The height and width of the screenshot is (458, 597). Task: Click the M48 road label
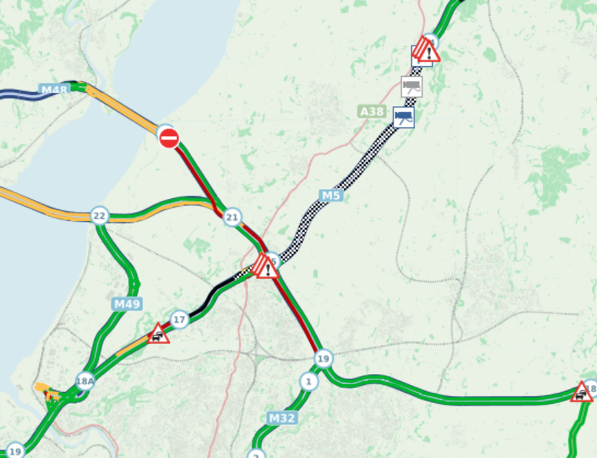pyautogui.click(x=54, y=90)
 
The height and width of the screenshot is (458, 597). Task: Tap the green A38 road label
pyautogui.click(x=372, y=112)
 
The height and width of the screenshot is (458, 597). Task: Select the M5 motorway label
pyautogui.click(x=331, y=195)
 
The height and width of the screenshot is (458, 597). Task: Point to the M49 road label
pyautogui.click(x=127, y=303)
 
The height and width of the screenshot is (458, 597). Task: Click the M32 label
pyautogui.click(x=282, y=418)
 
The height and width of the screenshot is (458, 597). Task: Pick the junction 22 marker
pyautogui.click(x=99, y=215)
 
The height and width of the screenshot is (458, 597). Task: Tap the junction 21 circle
pyautogui.click(x=231, y=217)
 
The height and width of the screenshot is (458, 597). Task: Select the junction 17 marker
pyautogui.click(x=179, y=319)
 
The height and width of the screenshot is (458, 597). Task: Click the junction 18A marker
pyautogui.click(x=85, y=382)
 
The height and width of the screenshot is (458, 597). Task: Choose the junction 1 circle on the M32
pyautogui.click(x=309, y=382)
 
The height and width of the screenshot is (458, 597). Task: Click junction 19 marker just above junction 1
pyautogui.click(x=323, y=359)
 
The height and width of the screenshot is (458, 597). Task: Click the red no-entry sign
pyautogui.click(x=169, y=138)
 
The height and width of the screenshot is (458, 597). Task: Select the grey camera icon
pyautogui.click(x=412, y=86)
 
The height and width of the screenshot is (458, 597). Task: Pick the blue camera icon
pyautogui.click(x=403, y=117)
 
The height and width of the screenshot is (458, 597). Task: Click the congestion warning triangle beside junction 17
pyautogui.click(x=158, y=334)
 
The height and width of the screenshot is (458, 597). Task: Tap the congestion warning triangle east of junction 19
pyautogui.click(x=582, y=392)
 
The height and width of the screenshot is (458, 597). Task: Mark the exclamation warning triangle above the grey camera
pyautogui.click(x=428, y=51)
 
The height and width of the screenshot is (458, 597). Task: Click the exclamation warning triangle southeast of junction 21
pyautogui.click(x=266, y=267)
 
